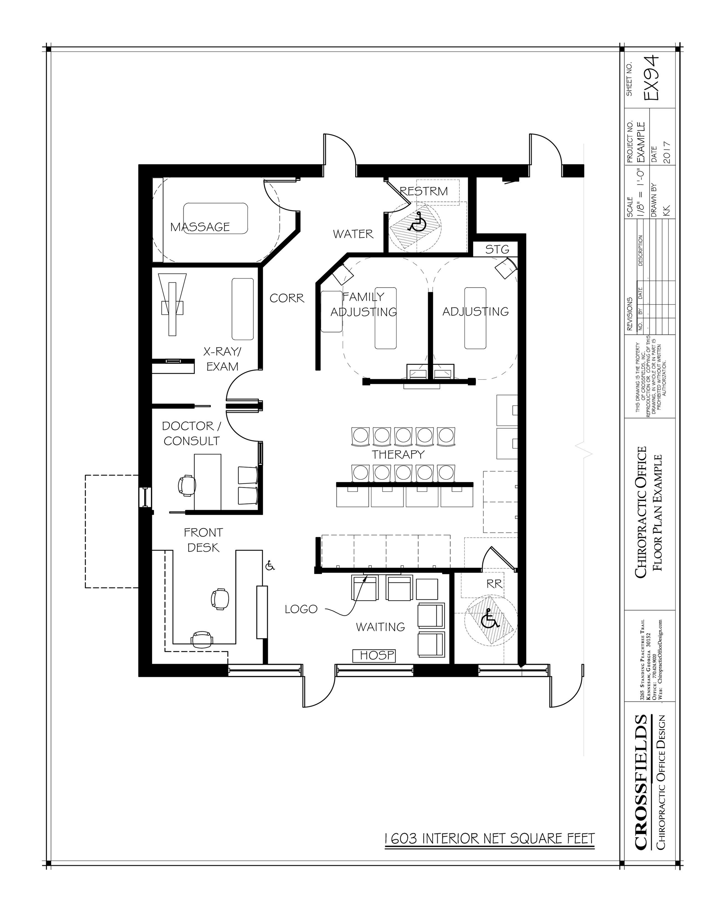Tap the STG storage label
tap(497, 250)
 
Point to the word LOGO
tap(301, 609)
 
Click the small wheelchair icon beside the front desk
tap(270, 566)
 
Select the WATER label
tap(353, 234)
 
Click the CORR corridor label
tap(287, 298)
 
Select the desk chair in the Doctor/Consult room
tap(186, 485)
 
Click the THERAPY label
tap(398, 454)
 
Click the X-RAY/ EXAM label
tap(222, 359)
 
